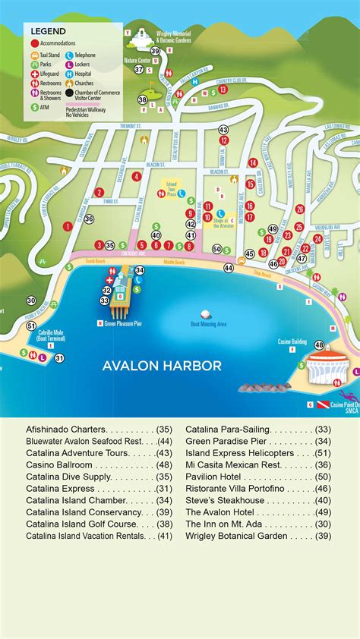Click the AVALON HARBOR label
coord(162,366)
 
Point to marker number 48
coord(319,345)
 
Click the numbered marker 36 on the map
coord(89,219)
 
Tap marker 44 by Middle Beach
coord(229,268)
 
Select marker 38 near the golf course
coord(142,99)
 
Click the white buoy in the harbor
coord(204,313)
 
